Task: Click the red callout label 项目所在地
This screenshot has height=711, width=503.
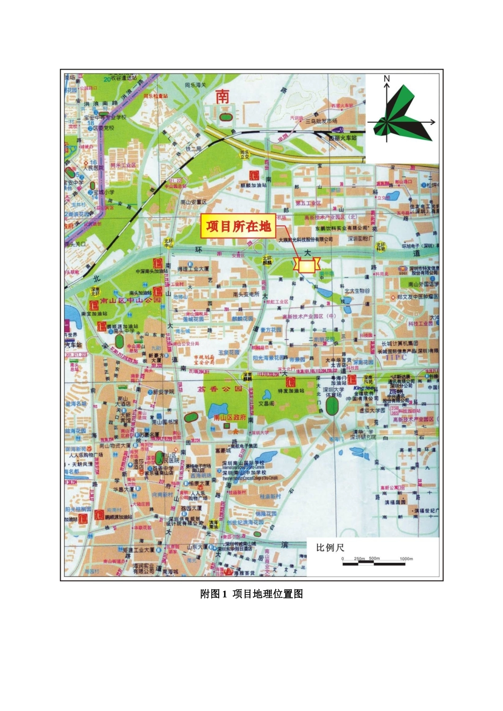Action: (x=238, y=227)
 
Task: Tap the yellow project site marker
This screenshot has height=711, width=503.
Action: (x=307, y=265)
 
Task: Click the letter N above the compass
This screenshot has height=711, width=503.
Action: (x=387, y=79)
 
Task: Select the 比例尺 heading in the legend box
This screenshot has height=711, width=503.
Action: (x=330, y=548)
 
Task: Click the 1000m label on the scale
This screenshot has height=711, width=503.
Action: (x=406, y=559)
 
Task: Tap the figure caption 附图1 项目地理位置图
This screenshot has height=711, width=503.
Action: (x=251, y=594)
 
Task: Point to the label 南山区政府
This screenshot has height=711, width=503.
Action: (x=230, y=417)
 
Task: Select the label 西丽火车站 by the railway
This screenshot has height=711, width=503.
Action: (x=343, y=138)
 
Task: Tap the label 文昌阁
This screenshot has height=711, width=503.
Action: (x=266, y=403)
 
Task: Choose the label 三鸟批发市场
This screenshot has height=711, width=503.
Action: (x=321, y=121)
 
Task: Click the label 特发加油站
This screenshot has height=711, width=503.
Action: (x=291, y=391)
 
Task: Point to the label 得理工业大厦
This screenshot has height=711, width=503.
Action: (x=193, y=269)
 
